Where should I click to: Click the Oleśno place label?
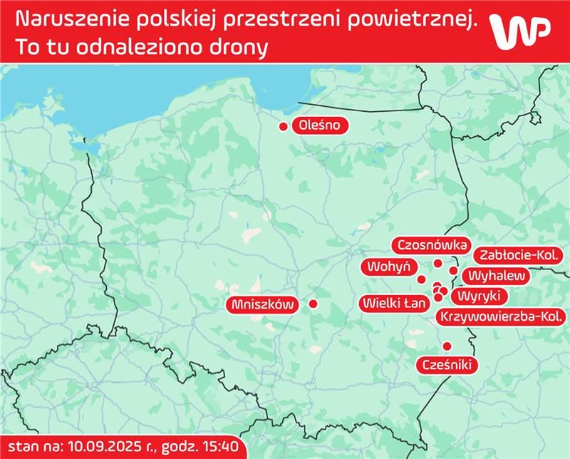point(323,126)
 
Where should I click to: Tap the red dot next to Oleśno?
point(284,127)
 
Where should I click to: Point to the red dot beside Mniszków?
point(313,304)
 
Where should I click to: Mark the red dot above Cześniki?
point(447,346)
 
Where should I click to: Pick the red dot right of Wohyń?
point(421,279)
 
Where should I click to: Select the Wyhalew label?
point(493,275)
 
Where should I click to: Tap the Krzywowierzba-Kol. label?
point(503,316)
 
